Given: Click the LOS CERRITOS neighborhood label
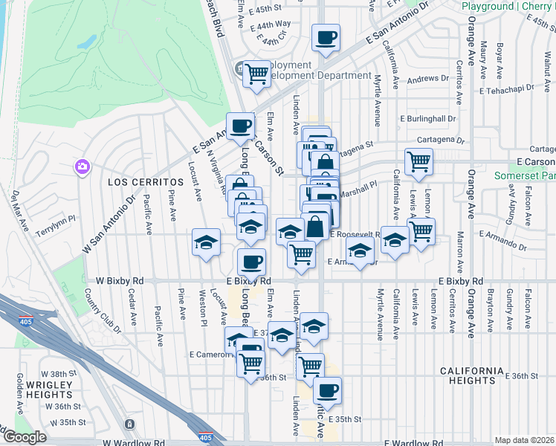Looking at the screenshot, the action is click(x=145, y=182).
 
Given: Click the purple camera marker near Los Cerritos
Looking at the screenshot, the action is click(x=82, y=167).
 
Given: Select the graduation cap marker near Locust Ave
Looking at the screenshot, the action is click(x=207, y=242).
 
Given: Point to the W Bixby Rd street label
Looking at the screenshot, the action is click(x=120, y=282).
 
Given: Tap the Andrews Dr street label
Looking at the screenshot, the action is click(x=424, y=79).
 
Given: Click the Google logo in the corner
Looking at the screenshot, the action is click(x=24, y=437).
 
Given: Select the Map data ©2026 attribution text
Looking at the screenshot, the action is click(x=524, y=440).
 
